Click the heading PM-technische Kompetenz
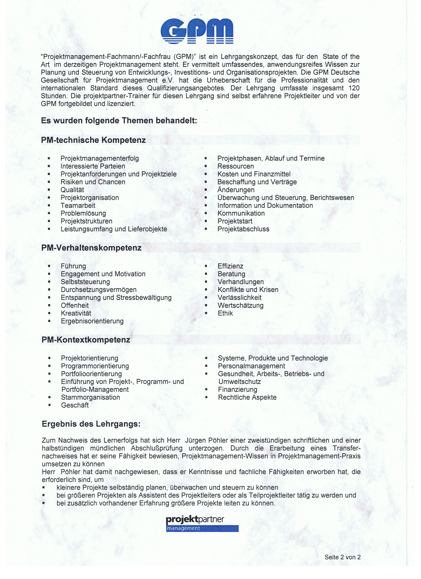pos(93,140)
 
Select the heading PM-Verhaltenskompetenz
pos(91,248)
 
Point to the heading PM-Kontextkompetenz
pos(86,340)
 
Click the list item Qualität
pos(72,190)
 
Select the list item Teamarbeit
pos(78,206)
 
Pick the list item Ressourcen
pos(235,166)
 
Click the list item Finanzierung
pos(237,390)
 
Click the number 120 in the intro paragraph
pos(354,88)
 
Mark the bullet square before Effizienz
pos(206,266)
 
